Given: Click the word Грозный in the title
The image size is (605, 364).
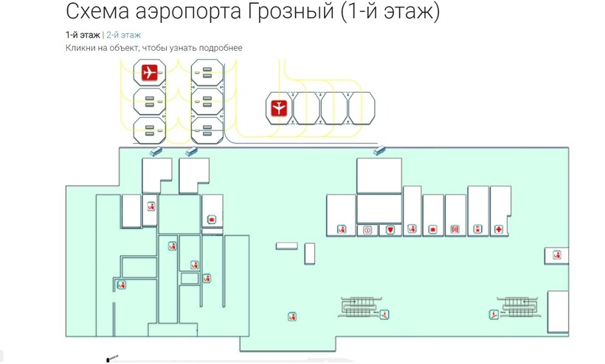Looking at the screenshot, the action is point(291,12).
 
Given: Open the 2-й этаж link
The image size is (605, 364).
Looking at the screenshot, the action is point(123,35).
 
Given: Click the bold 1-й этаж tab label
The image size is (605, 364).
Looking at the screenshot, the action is point(83,35).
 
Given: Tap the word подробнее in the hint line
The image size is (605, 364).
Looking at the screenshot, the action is point(221,48).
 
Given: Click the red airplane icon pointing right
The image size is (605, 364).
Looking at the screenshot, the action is point(149,72).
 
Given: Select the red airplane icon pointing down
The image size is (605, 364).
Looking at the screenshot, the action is point(279,108).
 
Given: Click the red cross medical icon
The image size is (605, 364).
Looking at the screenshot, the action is point(499,230).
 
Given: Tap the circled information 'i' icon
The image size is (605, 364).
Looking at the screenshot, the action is point(367,230).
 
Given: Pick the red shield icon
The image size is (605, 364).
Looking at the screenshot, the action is point(390,230).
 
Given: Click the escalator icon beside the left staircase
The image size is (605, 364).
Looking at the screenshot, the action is point(384,315).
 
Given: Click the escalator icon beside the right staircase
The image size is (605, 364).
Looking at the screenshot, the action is point(494,315).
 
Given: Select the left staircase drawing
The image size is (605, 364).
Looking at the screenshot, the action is point(359,307).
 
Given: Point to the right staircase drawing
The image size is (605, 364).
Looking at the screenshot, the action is point(519,307).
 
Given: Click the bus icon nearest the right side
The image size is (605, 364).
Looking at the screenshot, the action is point(379,150).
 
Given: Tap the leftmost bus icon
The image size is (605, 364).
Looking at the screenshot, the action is point(156,151).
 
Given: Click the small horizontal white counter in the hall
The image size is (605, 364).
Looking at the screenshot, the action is point(287,246).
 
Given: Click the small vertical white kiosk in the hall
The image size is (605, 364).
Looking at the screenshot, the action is point(309,253).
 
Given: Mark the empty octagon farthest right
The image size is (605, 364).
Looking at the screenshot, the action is point(362,108).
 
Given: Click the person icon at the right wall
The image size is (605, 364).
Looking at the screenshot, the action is point(556,255).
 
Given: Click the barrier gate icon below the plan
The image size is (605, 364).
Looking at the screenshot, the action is point(112,358).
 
